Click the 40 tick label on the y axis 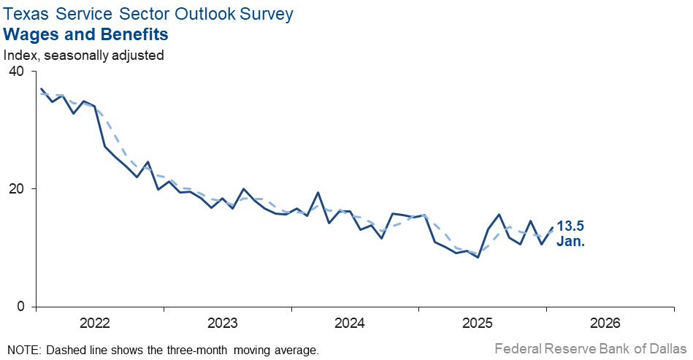tap(15, 72)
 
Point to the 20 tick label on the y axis tap(15, 188)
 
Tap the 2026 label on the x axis tap(605, 323)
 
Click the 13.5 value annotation tap(571, 226)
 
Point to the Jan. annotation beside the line tap(571, 241)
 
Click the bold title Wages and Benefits tap(86, 34)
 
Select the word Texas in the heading tap(24, 13)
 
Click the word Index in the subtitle tap(20, 55)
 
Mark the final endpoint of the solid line tap(552, 227)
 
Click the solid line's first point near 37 tap(41, 89)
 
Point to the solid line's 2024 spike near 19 tap(318, 193)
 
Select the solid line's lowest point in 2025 tap(478, 257)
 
